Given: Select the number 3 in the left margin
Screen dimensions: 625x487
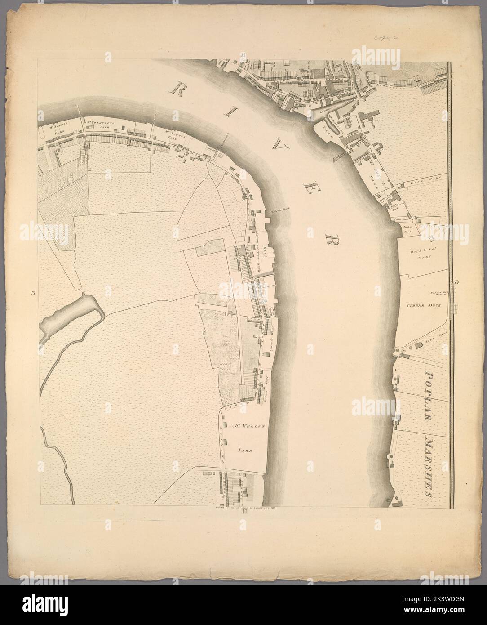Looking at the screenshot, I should pyautogui.click(x=33, y=294).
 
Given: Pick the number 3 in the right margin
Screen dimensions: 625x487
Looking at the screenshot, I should pyautogui.click(x=457, y=282).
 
